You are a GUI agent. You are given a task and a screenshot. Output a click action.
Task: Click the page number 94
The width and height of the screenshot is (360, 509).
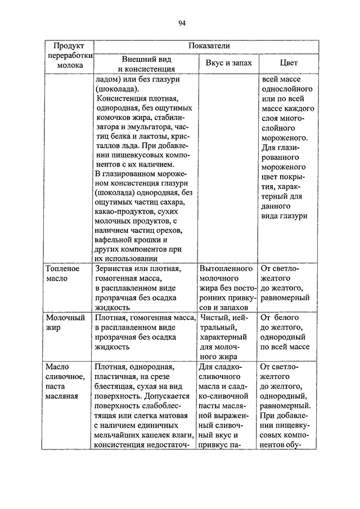182,23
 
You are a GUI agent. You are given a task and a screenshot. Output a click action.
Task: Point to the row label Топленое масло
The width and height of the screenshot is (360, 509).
62,274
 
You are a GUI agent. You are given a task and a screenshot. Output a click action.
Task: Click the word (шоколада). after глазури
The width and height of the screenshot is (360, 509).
115,89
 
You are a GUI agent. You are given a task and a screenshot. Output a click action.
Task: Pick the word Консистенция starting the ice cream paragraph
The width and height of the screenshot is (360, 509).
121,98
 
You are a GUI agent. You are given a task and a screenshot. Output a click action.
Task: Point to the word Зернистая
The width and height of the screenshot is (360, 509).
114,269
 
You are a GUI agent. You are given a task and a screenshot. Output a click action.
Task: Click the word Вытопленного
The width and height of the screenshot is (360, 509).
226,269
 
